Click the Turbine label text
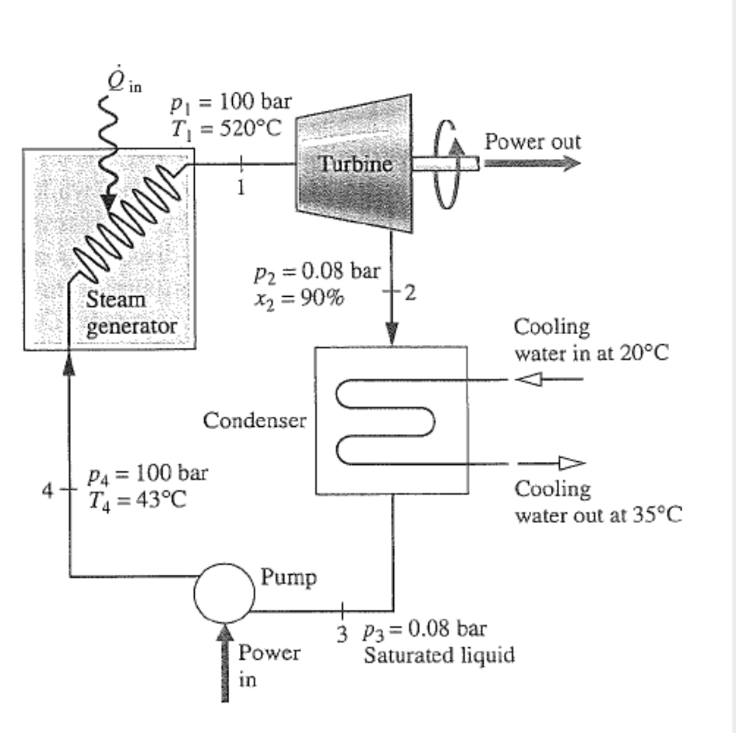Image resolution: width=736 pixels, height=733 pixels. click(x=356, y=164)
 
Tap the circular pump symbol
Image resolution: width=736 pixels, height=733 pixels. click(x=224, y=594)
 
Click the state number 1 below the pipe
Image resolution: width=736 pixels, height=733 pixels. click(x=241, y=188)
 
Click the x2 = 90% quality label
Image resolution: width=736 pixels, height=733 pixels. click(x=298, y=297)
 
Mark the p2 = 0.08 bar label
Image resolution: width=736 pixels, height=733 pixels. click(x=316, y=272)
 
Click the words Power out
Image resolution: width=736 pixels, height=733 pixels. click(x=532, y=141)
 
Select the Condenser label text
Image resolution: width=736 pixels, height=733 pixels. click(x=254, y=420)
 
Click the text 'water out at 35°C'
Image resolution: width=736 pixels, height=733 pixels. click(x=598, y=515)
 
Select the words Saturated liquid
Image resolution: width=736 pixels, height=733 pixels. click(x=438, y=655)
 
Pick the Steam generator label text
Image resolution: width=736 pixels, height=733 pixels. click(x=131, y=313)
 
